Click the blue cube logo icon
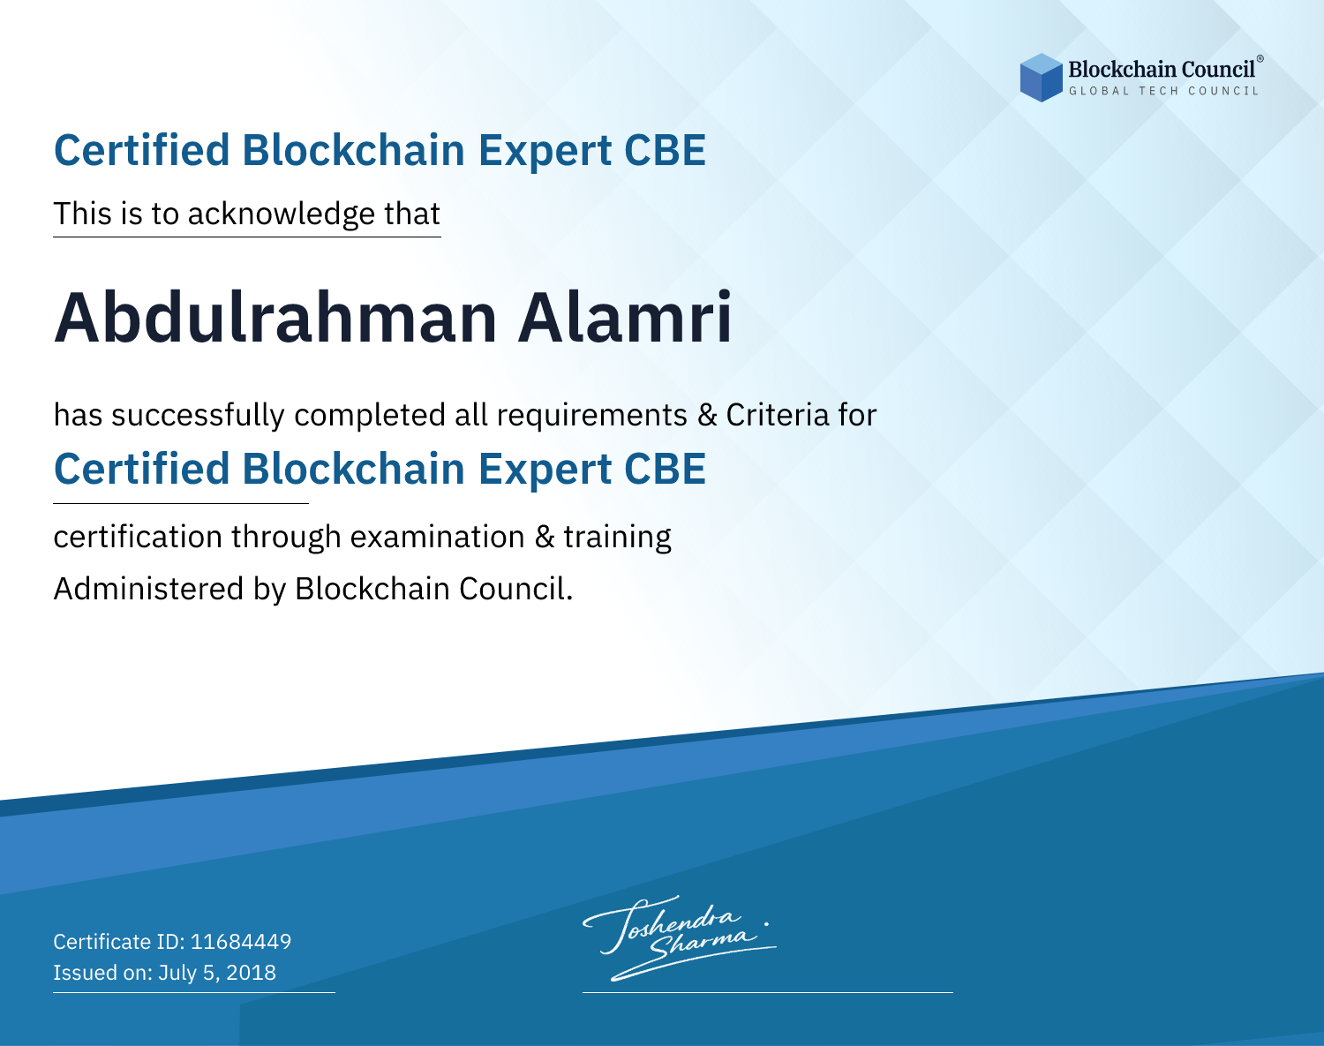pos(1041,78)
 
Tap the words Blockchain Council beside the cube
pos(1162,70)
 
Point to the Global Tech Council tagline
pos(1164,91)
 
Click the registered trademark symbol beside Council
pos(1260,58)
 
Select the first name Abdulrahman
pos(275,318)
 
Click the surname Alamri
pos(625,318)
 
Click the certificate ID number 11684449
pos(241,941)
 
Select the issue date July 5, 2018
pos(217,972)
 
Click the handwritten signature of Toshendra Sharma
pos(679,937)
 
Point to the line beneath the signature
pos(767,992)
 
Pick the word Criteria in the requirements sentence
pos(777,415)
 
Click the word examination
pos(438,537)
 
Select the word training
pos(617,538)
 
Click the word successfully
pos(198,416)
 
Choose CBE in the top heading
pos(665,150)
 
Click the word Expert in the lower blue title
pos(545,470)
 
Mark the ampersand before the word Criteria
pos(707,415)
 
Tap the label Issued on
pos(102,972)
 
